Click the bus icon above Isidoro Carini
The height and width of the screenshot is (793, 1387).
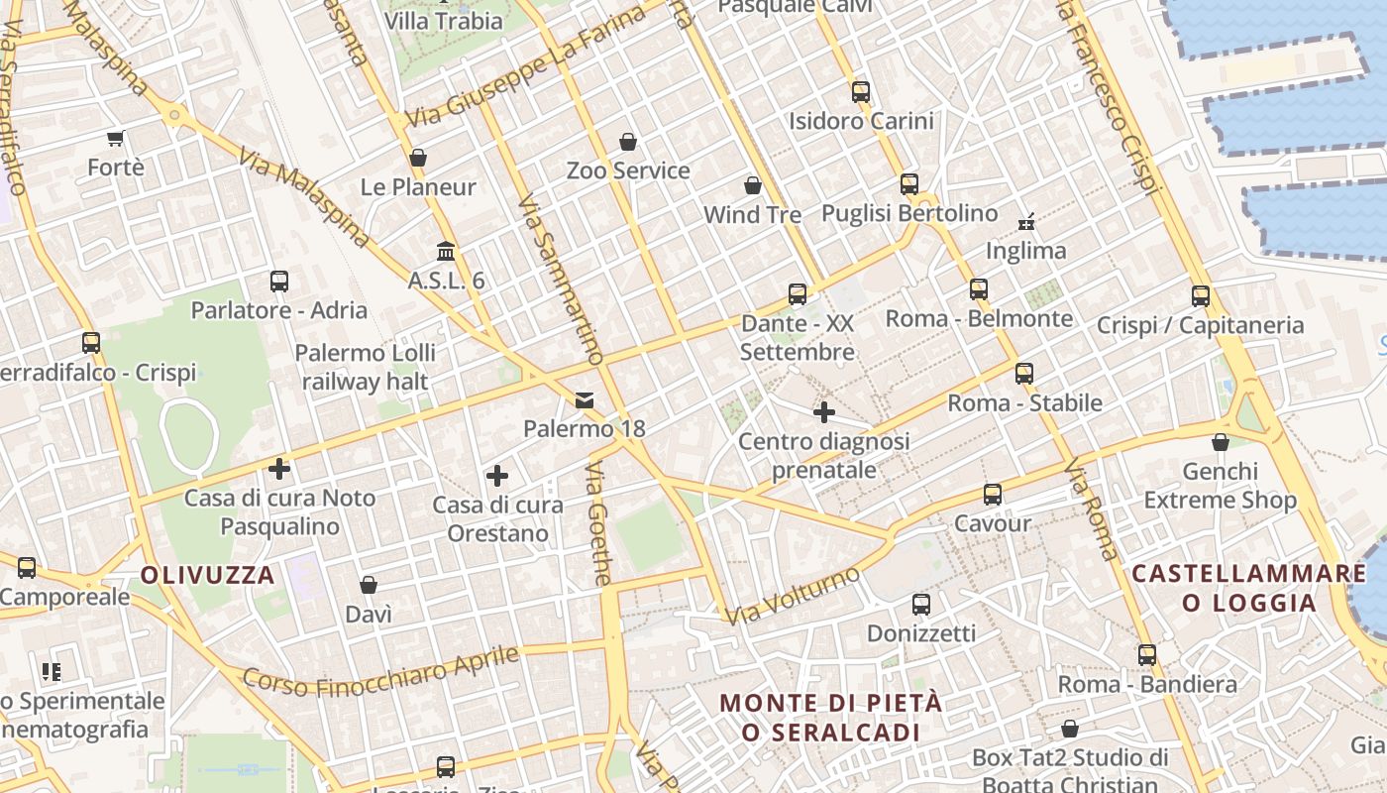coord(860,92)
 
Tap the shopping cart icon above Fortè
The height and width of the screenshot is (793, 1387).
coord(116,138)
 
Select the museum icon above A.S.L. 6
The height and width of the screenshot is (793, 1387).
coord(446,251)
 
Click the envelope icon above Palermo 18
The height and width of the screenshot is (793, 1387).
coord(585,400)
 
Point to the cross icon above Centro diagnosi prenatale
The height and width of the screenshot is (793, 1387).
coord(823,411)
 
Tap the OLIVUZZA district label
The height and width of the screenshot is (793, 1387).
coord(207,575)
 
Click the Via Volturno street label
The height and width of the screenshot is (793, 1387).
coord(793,595)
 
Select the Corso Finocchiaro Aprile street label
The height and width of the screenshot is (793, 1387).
coord(381,671)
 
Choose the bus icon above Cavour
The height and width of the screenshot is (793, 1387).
coord(992,494)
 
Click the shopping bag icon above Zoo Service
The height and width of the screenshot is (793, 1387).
coord(628,142)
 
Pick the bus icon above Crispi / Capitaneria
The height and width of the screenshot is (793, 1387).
coord(1201,295)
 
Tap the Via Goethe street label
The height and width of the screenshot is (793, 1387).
coord(599,522)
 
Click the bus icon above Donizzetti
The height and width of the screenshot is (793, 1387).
coord(921,604)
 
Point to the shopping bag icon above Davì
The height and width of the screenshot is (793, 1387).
coord(369,585)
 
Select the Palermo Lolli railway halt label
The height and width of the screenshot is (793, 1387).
coord(366,367)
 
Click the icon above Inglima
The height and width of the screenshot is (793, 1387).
coord(1026,221)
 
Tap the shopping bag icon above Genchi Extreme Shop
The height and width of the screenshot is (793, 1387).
coord(1221,442)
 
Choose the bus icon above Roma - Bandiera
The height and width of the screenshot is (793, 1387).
coord(1147,655)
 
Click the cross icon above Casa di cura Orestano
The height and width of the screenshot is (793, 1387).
coord(497,476)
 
